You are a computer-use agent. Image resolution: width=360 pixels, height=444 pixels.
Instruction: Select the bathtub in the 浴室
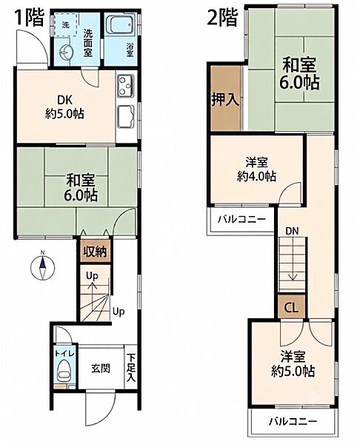[x=122, y=25]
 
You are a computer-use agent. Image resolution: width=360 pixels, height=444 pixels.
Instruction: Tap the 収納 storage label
[x=96, y=252]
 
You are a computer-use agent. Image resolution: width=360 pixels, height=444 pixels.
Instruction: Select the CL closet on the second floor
[x=292, y=306]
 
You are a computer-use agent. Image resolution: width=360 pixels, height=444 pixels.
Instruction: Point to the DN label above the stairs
[x=292, y=232]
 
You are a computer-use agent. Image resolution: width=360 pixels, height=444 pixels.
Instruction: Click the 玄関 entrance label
[x=101, y=369]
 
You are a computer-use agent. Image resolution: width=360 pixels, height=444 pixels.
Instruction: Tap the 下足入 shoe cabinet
[x=130, y=367]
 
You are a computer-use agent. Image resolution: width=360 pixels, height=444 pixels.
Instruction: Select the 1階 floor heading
[x=30, y=18]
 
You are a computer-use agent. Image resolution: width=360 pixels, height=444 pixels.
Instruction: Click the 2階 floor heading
[x=222, y=18]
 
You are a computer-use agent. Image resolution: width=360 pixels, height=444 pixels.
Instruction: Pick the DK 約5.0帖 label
[x=65, y=107]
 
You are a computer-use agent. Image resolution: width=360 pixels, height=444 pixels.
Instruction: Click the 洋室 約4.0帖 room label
[x=256, y=169]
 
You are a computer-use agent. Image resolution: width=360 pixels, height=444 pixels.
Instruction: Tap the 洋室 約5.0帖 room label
[x=293, y=364]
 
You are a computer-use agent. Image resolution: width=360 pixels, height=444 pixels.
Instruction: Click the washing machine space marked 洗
[x=66, y=25]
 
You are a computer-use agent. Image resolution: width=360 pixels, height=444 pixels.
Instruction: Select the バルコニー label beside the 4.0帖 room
[x=241, y=219]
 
